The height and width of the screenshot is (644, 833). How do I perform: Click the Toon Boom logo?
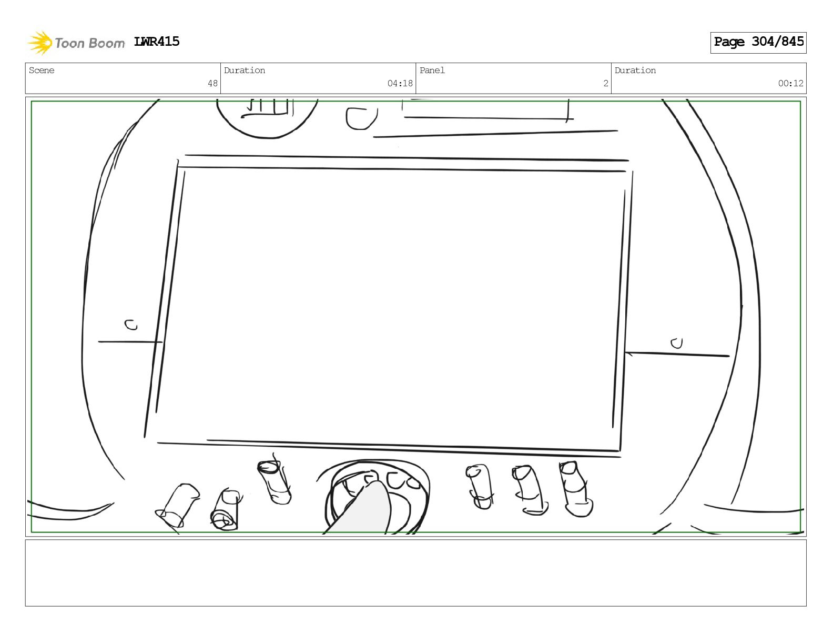[76, 43]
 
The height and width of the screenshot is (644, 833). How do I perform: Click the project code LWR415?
[157, 42]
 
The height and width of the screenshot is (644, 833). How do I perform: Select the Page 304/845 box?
[758, 42]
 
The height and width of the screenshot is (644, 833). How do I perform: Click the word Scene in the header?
[42, 71]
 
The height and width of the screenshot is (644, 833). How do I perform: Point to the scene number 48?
[212, 83]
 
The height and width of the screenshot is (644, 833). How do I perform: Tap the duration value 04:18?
[400, 83]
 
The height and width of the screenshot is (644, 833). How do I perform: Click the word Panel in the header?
[432, 71]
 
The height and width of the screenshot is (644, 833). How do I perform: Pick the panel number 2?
[605, 83]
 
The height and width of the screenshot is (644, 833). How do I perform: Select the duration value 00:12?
[790, 83]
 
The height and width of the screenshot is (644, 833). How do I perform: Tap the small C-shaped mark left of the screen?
[131, 325]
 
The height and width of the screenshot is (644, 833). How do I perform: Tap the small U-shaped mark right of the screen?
[676, 343]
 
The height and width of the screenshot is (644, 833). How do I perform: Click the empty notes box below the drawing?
[415, 572]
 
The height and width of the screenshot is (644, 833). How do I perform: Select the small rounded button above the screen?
[361, 118]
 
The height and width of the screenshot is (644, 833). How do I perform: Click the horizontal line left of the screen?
[129, 342]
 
